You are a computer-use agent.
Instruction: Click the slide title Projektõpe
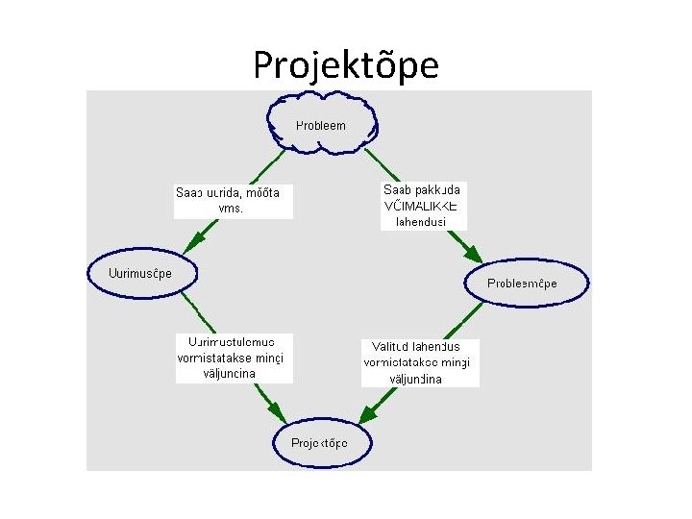tap(346, 65)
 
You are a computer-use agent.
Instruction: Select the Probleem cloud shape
tap(321, 125)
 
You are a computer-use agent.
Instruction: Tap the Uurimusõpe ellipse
tap(143, 273)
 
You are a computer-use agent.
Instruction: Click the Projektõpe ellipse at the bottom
tap(319, 443)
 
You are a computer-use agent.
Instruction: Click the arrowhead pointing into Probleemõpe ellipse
tap(473, 256)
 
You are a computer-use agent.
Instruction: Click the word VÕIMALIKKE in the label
tap(421, 207)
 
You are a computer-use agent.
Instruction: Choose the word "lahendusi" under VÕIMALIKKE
tap(421, 222)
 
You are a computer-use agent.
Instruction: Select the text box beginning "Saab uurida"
tap(233, 201)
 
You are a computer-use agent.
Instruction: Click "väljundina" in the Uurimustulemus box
tap(230, 374)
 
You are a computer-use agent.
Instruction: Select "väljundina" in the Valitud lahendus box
tap(415, 379)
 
